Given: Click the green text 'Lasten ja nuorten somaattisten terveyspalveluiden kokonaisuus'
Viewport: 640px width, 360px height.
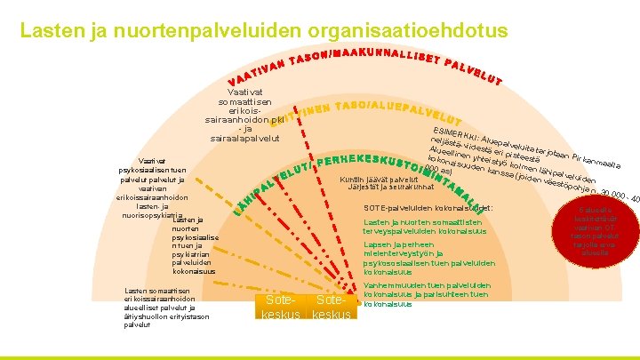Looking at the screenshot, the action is pyautogui.click(x=424, y=227).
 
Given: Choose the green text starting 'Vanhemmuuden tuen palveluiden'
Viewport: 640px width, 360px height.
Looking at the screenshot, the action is pyautogui.click(x=428, y=293).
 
